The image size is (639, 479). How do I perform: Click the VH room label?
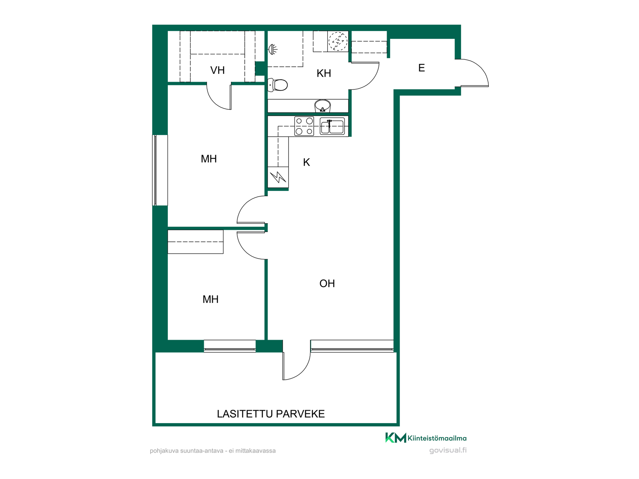pos(217,70)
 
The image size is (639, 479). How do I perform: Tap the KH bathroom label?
pos(324,73)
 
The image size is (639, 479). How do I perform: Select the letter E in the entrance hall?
pos(421,68)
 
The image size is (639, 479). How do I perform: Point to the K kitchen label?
pos(307,162)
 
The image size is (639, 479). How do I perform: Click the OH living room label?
pos(327,283)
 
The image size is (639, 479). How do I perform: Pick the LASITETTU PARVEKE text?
pos(271,414)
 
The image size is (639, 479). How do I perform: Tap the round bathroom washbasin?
pos(322,106)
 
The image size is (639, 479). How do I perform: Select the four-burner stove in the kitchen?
pos(304,126)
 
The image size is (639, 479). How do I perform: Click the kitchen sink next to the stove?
pos(332,126)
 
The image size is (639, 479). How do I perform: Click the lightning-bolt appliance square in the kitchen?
pos(278,177)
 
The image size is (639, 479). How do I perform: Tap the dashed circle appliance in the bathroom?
pos(338,41)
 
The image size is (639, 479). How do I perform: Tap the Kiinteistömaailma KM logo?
pos(426,438)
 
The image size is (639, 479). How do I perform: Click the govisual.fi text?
pos(448,450)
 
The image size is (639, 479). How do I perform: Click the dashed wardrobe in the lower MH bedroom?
pos(195,242)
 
